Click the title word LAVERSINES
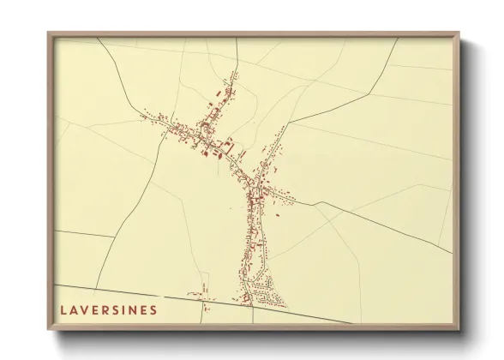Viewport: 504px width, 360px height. point(108,309)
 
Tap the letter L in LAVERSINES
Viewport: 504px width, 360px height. point(63,309)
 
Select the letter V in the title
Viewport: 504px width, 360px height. point(84,309)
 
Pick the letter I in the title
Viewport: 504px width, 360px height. point(125,309)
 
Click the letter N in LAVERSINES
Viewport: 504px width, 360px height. point(134,309)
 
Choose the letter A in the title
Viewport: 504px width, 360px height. point(73,309)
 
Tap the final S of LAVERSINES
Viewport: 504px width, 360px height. point(153,309)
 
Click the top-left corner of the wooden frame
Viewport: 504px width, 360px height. point(49,33)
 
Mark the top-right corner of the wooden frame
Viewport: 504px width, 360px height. point(459,33)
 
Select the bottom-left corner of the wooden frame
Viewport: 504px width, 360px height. point(49,329)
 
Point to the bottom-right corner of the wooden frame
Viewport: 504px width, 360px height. point(459,329)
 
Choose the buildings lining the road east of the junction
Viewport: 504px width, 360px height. point(283,196)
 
